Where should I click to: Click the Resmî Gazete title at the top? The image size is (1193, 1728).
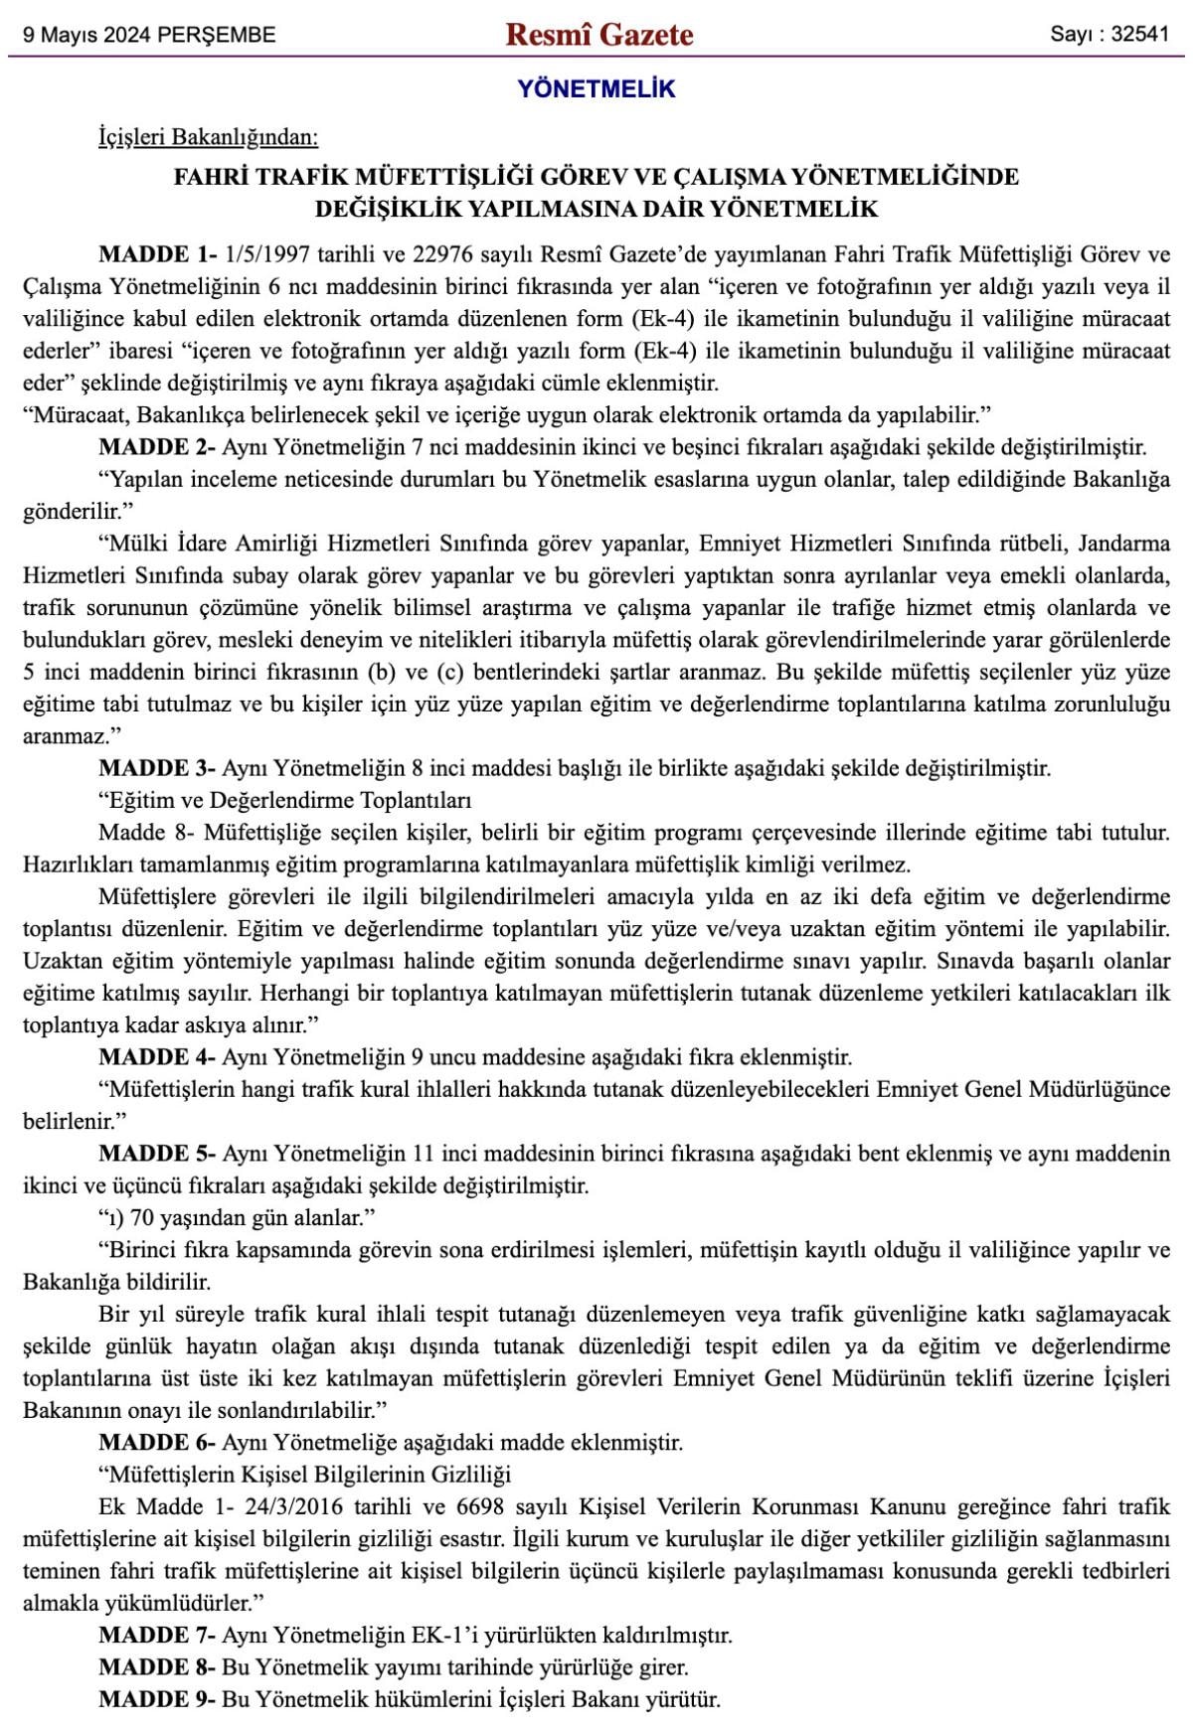[x=599, y=35]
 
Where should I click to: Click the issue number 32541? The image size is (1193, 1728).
[x=1139, y=35]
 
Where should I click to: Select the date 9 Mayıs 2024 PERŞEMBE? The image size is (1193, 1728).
[x=149, y=36]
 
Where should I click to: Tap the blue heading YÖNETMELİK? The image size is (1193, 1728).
[x=596, y=89]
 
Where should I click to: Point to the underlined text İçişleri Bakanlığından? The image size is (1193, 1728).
[x=208, y=137]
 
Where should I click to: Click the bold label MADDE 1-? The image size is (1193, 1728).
[x=158, y=254]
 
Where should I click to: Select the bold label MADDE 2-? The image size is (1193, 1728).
[x=157, y=447]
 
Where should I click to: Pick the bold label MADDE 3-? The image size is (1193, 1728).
[x=157, y=768]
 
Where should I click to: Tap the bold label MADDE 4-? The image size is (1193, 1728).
[x=157, y=1057]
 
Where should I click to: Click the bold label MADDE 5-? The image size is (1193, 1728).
[x=157, y=1154]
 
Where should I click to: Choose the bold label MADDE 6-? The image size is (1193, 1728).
[x=157, y=1442]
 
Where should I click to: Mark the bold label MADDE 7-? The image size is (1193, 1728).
[x=157, y=1635]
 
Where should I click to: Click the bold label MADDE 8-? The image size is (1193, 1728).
[x=157, y=1666]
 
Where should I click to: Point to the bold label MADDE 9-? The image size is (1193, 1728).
[x=157, y=1699]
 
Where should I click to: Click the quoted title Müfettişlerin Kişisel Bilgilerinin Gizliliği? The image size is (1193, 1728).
[x=309, y=1474]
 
